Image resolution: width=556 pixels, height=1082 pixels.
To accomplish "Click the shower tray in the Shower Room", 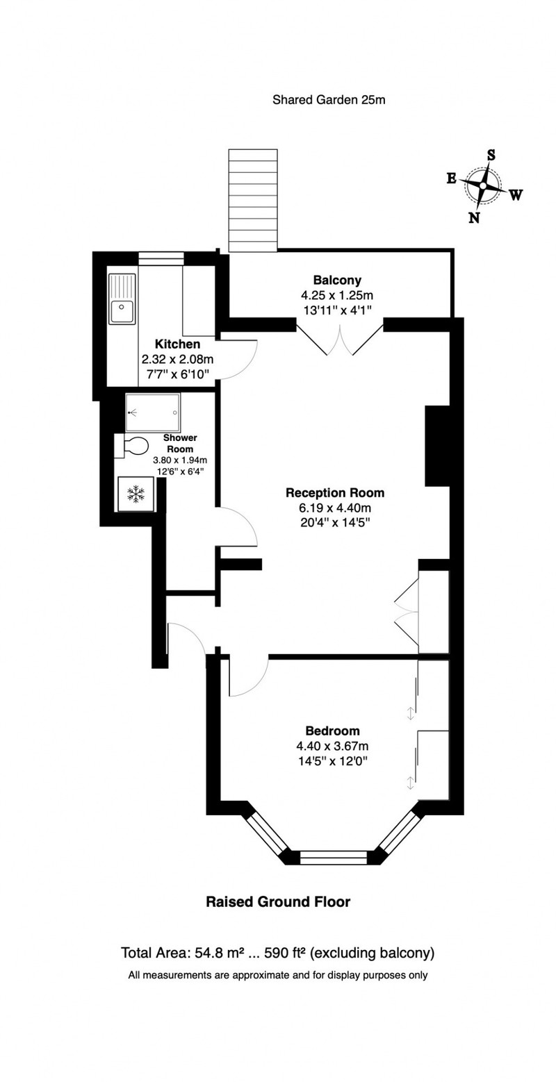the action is click(152, 413).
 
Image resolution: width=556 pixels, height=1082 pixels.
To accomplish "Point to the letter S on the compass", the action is click(491, 155).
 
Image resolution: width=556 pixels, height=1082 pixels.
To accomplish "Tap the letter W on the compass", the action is click(516, 195).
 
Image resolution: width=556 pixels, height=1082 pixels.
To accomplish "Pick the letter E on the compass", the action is click(451, 178).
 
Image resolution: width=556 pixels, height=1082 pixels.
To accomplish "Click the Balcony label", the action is click(337, 280).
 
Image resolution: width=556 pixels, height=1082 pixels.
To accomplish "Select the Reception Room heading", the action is click(334, 492).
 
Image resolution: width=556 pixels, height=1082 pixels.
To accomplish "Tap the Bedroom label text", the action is click(333, 731).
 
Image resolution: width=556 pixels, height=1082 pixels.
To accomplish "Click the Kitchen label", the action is click(177, 344).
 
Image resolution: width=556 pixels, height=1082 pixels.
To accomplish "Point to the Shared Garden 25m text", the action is click(329, 99).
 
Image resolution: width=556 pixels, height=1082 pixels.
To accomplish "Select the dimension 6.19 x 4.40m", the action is click(335, 508).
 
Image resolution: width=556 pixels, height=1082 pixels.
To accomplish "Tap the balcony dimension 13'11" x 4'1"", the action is click(337, 310).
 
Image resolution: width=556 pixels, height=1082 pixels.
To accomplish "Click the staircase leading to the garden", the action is click(253, 200).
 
